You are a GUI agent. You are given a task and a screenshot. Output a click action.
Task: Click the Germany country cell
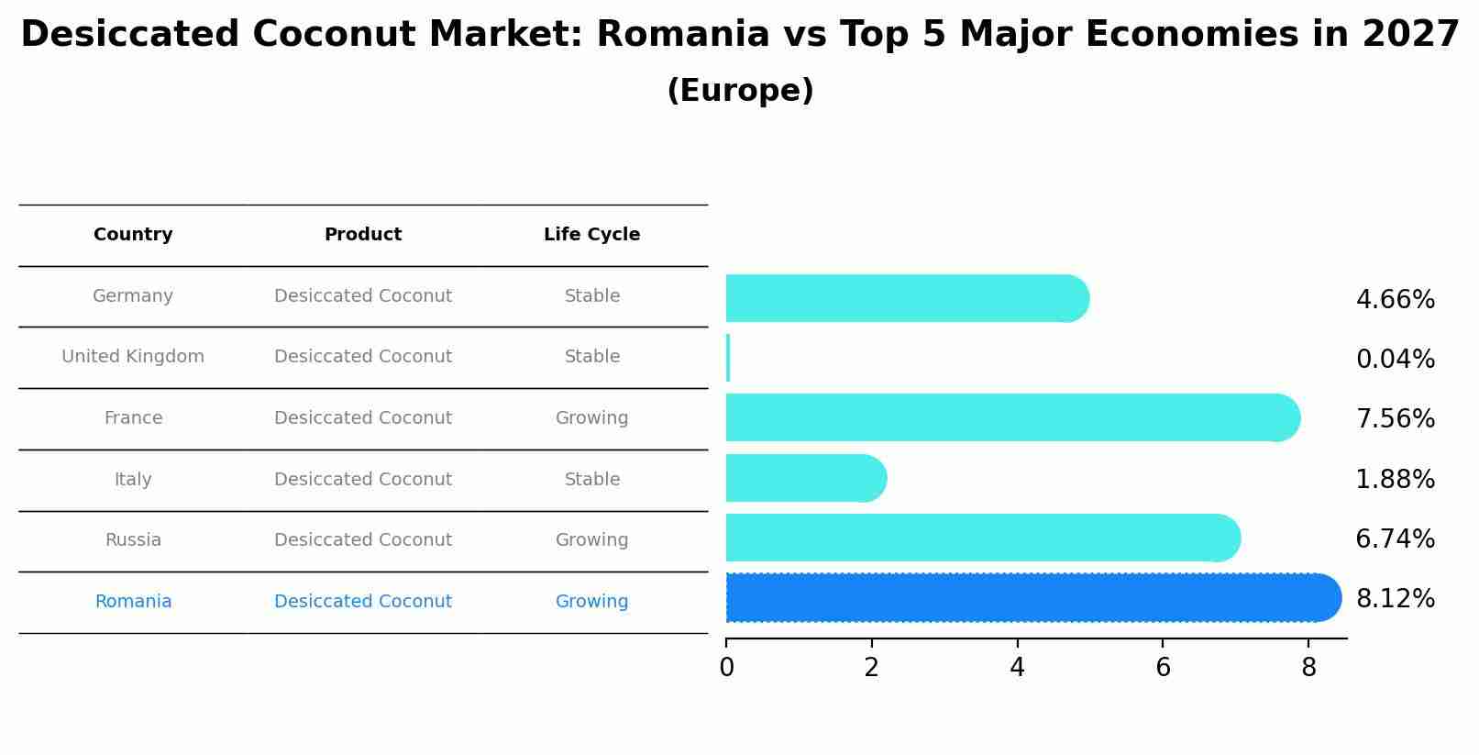[133, 296]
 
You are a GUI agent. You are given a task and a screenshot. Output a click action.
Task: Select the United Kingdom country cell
[133, 357]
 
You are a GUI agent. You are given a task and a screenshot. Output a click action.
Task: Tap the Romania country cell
[133, 602]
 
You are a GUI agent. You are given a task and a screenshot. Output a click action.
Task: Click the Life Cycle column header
[591, 235]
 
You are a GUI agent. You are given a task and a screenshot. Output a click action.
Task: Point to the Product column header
[363, 235]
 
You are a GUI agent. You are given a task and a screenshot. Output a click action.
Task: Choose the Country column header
[133, 235]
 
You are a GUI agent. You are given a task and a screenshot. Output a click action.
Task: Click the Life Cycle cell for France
[591, 418]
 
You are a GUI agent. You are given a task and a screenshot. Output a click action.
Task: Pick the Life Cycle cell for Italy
[591, 480]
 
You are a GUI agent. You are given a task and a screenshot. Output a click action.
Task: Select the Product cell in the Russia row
[363, 540]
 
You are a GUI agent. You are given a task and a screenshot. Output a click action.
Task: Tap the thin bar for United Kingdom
[728, 358]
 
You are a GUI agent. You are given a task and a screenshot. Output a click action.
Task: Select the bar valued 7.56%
[1009, 417]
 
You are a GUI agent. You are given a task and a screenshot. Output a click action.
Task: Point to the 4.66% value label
[1395, 300]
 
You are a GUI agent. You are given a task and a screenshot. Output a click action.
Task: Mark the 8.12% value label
[1395, 599]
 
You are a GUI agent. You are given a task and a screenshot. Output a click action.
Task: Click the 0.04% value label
[1395, 360]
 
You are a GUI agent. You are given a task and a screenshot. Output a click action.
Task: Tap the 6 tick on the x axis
[1163, 668]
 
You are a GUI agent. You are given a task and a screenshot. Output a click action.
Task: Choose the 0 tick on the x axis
[726, 668]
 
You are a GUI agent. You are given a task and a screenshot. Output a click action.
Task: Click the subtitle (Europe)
[740, 91]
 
